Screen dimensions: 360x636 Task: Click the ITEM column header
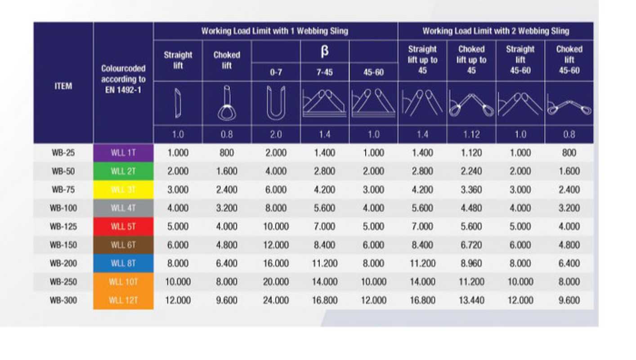point(63,86)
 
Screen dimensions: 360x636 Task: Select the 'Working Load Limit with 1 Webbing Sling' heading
point(275,31)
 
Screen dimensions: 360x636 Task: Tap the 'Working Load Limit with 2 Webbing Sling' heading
point(495,31)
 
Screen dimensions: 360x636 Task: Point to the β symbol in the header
point(324,51)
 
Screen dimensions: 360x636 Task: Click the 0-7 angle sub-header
point(275,72)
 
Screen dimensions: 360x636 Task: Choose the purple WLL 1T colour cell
point(123,153)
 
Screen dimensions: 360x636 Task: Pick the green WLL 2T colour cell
point(123,171)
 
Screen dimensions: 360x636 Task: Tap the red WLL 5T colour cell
point(123,226)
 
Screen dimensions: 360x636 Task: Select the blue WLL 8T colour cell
point(123,263)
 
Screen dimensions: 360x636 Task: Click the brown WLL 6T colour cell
point(123,245)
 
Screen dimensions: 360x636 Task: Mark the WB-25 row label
point(63,153)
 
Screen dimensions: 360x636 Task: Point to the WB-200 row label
point(63,263)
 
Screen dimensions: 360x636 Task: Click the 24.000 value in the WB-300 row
point(275,300)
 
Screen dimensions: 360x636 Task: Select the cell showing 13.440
point(471,300)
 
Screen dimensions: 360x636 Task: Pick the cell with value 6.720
point(471,245)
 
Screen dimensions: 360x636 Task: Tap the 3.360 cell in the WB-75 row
point(471,189)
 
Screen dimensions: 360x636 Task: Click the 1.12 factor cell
point(471,135)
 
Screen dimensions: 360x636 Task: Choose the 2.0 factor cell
point(275,135)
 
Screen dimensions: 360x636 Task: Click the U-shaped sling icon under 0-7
point(275,103)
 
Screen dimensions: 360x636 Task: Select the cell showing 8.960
point(471,263)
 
